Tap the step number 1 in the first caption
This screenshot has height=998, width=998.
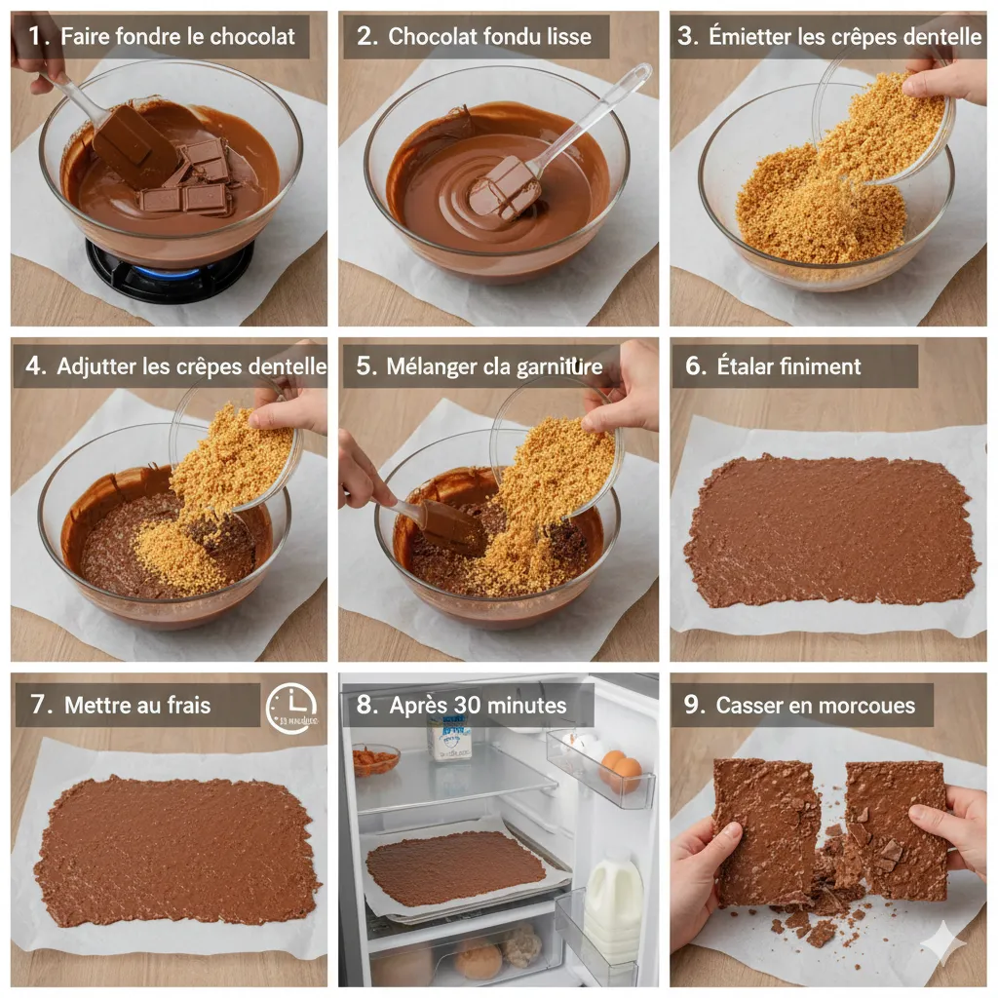coord(37,37)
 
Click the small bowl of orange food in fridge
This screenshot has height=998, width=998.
coord(376,759)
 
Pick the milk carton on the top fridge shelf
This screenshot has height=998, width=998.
coord(449,739)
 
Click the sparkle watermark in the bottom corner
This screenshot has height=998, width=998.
coord(943,943)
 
